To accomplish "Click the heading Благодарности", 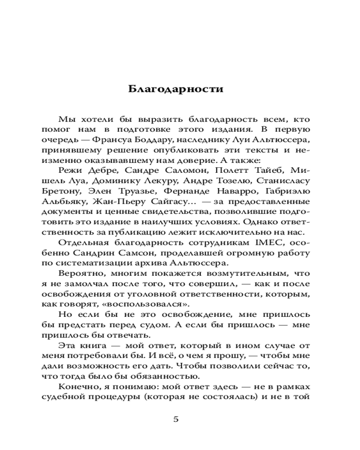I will pyautogui.click(x=175, y=88).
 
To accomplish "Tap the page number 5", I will pyautogui.click(x=176, y=419).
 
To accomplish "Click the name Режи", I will pyautogui.click(x=69, y=170).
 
